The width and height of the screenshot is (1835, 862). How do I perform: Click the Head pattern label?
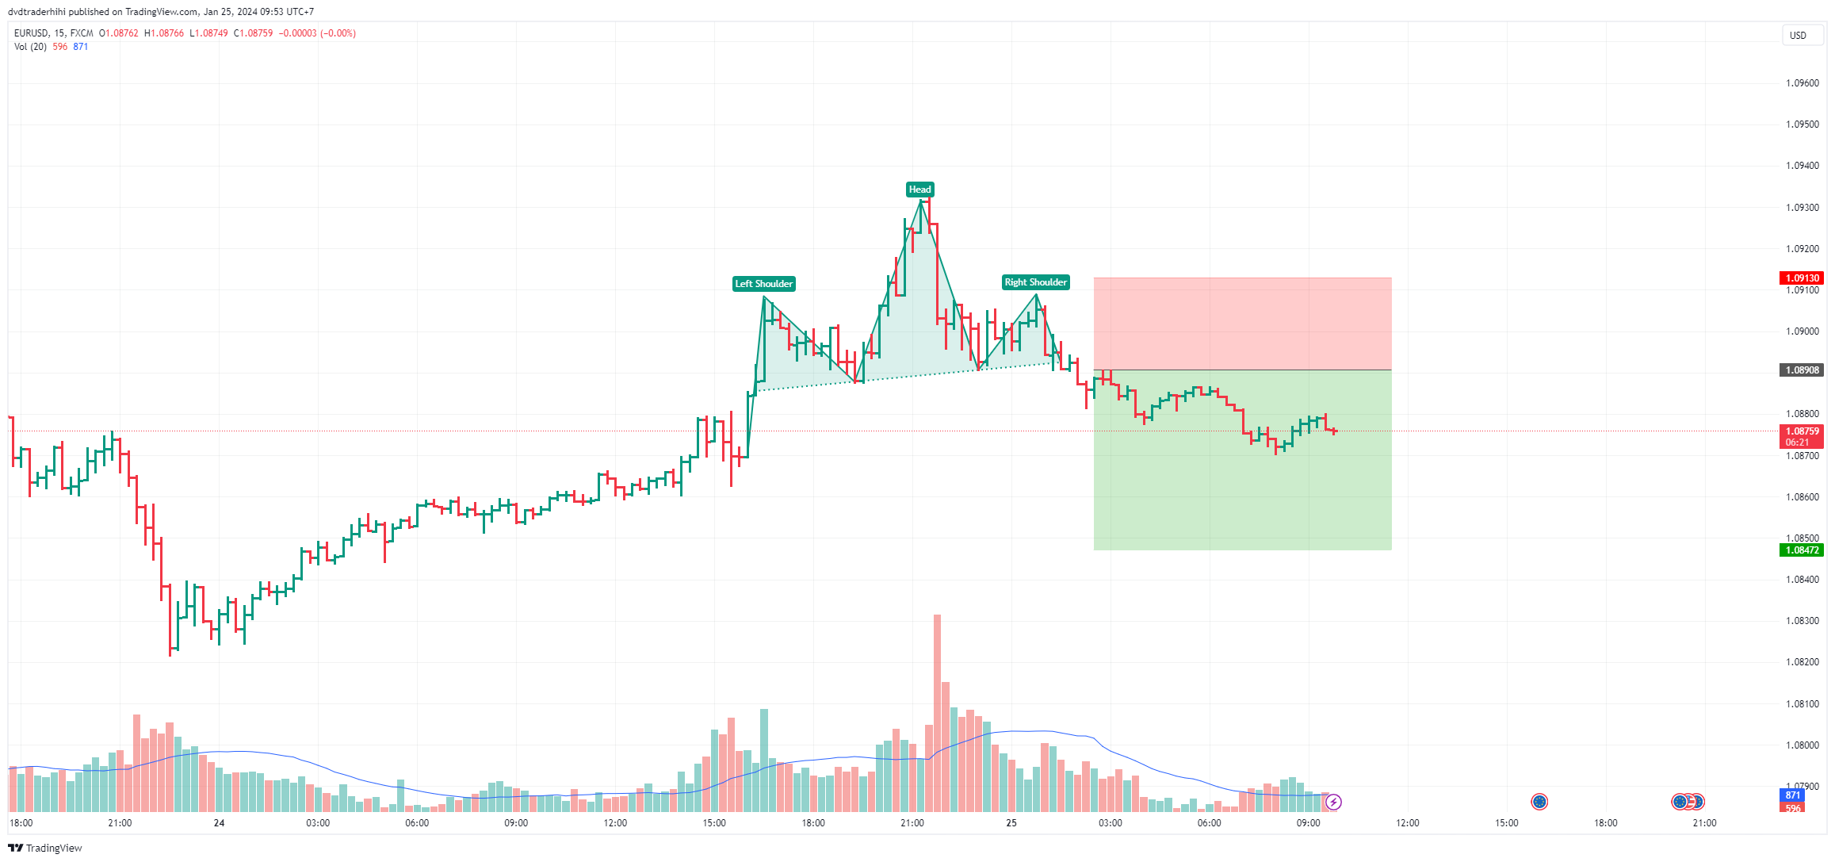(x=919, y=190)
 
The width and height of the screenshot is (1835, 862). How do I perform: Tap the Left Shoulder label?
(x=763, y=284)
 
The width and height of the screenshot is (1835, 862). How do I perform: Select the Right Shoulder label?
(x=1035, y=282)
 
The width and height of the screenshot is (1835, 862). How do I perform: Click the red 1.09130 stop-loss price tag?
(x=1802, y=278)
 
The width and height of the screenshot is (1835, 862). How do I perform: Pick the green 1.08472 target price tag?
(x=1802, y=550)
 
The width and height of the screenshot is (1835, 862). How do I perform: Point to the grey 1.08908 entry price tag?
(x=1802, y=370)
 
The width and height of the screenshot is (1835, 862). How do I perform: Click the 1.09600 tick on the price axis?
(x=1802, y=83)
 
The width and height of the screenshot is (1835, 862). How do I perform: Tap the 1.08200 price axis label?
(x=1802, y=662)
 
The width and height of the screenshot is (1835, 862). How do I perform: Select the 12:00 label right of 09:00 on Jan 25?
(x=1407, y=823)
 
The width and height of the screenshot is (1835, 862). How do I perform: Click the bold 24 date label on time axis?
(x=219, y=823)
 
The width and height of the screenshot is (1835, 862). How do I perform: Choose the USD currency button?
(x=1798, y=35)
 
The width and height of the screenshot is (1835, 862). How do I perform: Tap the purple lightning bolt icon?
(x=1333, y=802)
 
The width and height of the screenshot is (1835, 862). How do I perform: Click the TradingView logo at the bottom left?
(x=45, y=848)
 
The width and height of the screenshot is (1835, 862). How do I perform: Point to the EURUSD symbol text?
(x=31, y=33)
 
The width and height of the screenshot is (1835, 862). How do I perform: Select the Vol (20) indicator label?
(x=30, y=47)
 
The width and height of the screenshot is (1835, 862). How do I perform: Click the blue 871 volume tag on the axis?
(x=1793, y=795)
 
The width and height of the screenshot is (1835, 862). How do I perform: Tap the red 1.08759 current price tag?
(x=1802, y=432)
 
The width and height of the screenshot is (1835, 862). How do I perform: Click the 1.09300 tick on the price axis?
(x=1802, y=208)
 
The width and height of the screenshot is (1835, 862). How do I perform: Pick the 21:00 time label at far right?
(x=1704, y=823)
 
